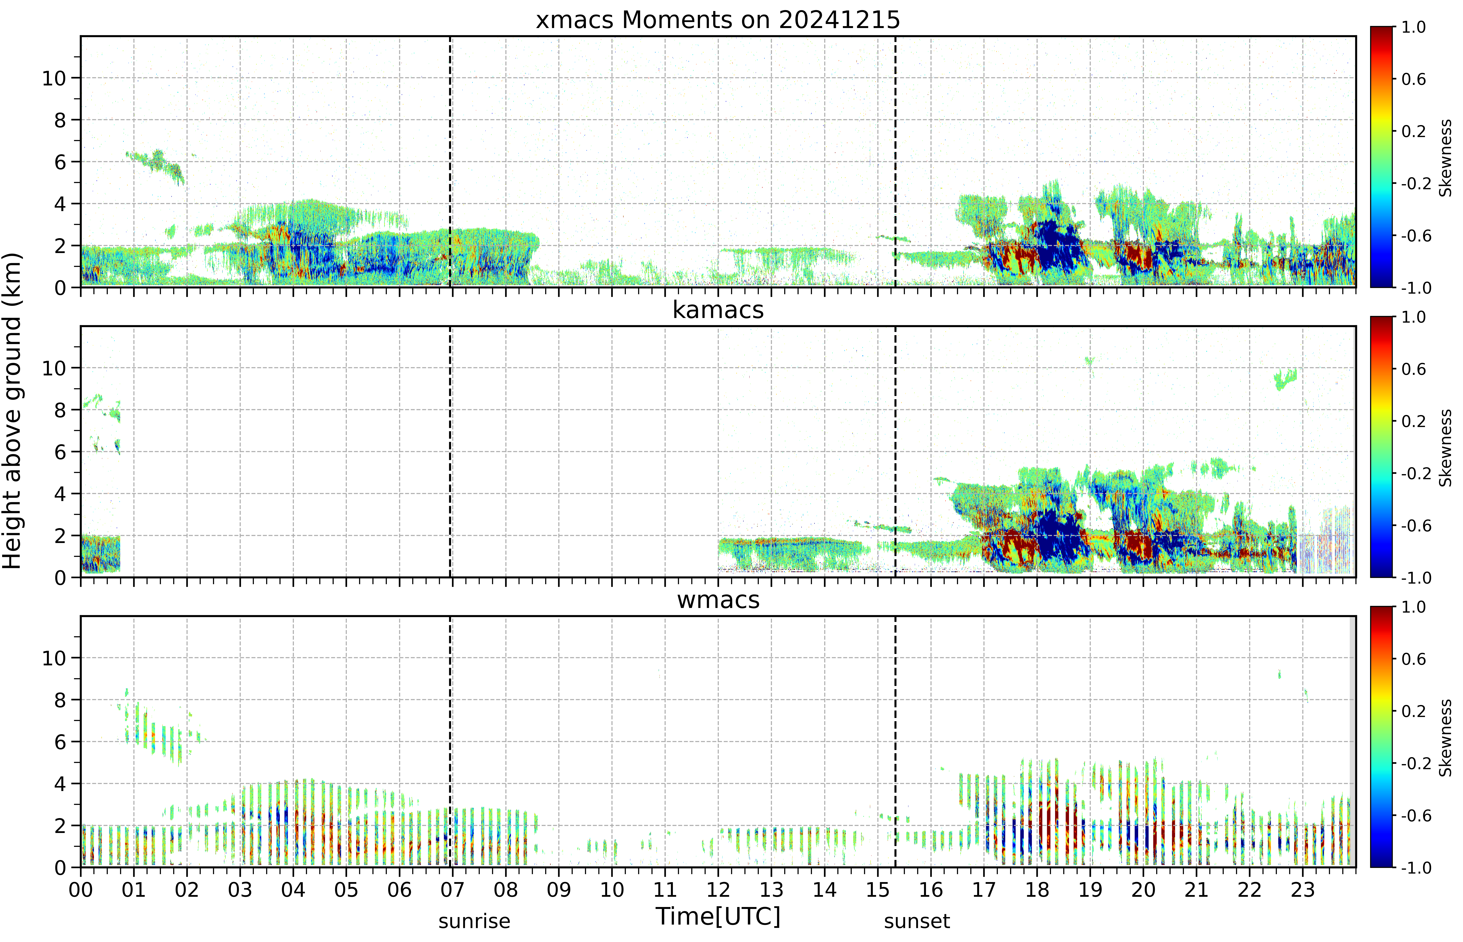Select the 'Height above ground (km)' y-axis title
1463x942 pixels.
point(12,411)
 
